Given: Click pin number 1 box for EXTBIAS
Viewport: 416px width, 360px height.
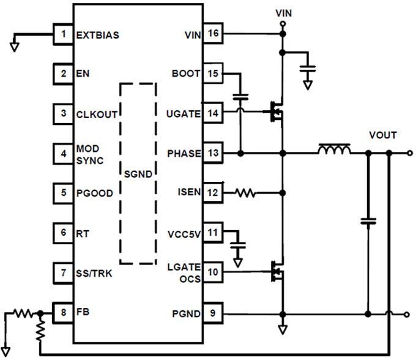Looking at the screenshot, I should click(x=62, y=34).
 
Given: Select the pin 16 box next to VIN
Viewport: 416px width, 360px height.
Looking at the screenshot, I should click(x=213, y=34).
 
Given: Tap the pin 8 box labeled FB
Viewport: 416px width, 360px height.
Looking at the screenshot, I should click(x=62, y=312).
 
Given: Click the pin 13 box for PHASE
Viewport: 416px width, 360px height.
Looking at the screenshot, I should click(x=213, y=153).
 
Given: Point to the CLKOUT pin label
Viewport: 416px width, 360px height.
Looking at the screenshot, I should click(x=97, y=114).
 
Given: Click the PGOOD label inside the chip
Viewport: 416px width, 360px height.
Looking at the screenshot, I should click(x=95, y=193).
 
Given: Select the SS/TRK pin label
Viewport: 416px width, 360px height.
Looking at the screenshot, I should click(x=93, y=272).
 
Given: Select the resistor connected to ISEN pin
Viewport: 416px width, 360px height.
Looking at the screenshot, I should click(x=245, y=193).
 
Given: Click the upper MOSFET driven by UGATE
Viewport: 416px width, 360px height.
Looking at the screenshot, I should click(x=276, y=111).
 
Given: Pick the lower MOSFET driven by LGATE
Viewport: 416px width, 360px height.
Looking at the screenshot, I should click(x=276, y=271).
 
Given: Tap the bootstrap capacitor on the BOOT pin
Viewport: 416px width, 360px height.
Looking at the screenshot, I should click(x=240, y=97).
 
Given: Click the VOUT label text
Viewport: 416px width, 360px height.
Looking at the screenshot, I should click(x=382, y=135).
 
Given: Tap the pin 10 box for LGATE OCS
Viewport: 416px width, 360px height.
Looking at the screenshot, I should click(x=213, y=271).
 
